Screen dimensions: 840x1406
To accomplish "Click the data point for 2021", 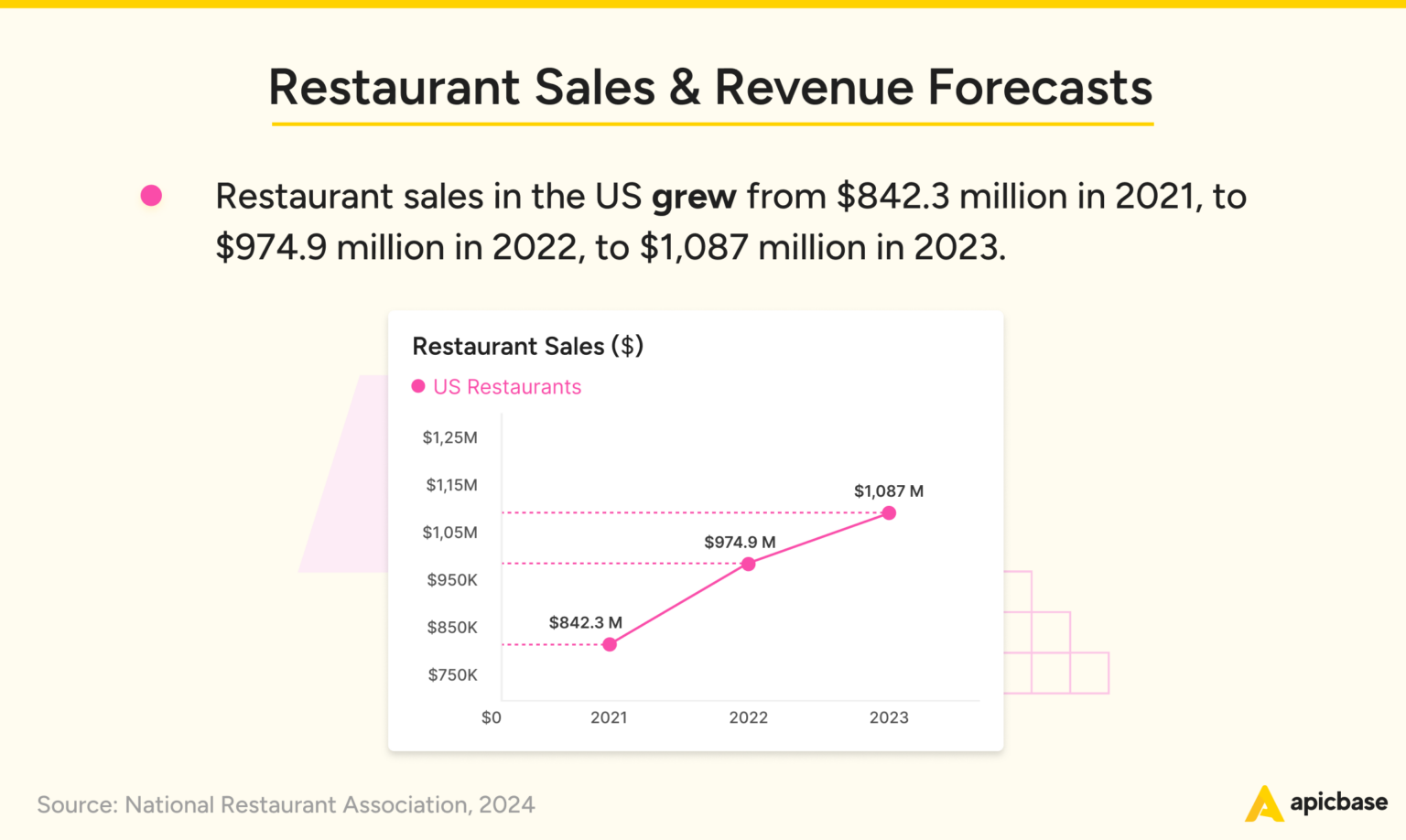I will [x=610, y=644].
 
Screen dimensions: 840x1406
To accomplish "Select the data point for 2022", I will [x=749, y=564].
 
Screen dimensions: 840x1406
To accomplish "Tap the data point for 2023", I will [x=889, y=513].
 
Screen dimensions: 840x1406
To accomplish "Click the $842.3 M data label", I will [x=585, y=622].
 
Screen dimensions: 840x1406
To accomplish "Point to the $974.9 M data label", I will [x=740, y=542].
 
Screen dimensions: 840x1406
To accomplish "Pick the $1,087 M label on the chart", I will [x=888, y=491].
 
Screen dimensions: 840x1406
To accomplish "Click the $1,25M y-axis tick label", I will [x=449, y=437].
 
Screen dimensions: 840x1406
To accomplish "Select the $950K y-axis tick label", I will [x=452, y=580].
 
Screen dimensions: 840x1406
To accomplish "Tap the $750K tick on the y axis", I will [x=452, y=675].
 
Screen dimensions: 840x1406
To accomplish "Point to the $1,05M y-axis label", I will [x=449, y=533].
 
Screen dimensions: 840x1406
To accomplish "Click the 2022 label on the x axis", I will [x=748, y=717].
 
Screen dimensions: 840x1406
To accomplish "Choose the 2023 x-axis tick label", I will [x=889, y=717].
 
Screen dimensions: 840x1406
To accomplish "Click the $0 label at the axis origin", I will [x=492, y=717].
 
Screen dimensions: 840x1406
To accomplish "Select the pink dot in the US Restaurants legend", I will [x=418, y=386].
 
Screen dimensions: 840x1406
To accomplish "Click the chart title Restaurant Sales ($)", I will [x=527, y=346].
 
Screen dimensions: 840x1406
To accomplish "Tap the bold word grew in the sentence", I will [x=694, y=197].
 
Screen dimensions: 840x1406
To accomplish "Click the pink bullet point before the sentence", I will [x=151, y=195].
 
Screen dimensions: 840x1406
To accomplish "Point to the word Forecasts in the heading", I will [x=1040, y=88].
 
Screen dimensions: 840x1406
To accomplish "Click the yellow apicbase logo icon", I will [x=1263, y=803].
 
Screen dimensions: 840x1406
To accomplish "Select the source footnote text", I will [x=286, y=804].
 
